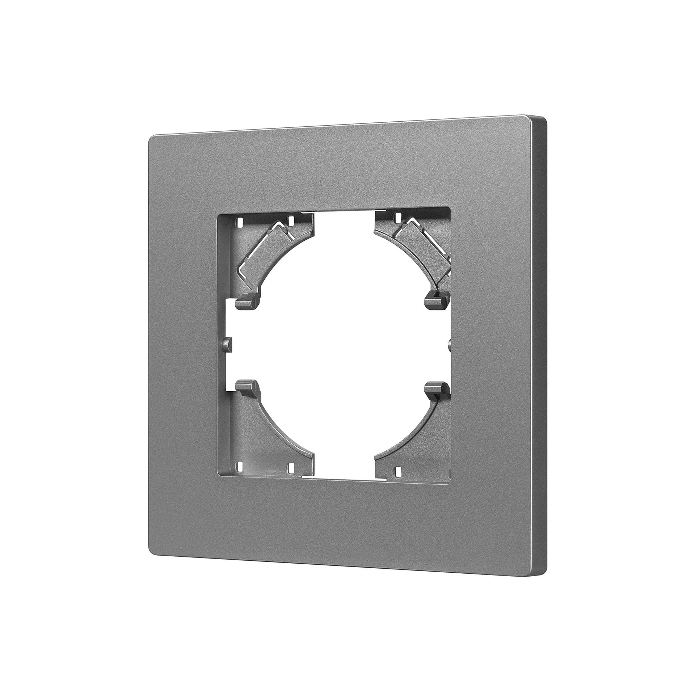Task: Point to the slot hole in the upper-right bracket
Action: [x=397, y=217]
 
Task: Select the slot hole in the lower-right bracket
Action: [x=397, y=471]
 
